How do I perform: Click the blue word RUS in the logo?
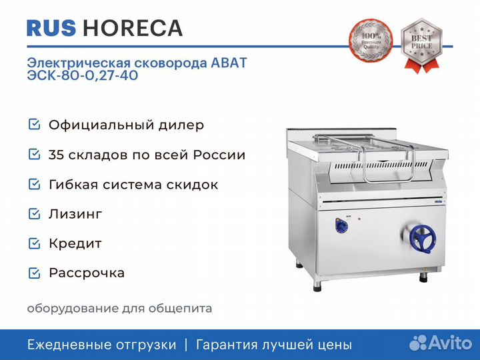tap(51, 28)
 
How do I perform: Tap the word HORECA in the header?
tap(133, 28)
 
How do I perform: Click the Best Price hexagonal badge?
tap(421, 45)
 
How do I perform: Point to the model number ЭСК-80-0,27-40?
tap(83, 75)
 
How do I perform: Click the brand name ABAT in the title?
tap(229, 63)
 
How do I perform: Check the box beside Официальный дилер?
tap(34, 124)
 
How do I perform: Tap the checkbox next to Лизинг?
tap(34, 214)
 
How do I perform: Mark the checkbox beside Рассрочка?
tap(34, 273)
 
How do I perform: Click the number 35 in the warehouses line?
tap(56, 155)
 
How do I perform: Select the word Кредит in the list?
tap(75, 244)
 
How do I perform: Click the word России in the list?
tap(219, 155)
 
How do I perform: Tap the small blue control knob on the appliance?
tap(341, 226)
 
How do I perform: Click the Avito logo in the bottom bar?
tap(441, 343)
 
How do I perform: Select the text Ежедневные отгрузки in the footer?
tap(101, 345)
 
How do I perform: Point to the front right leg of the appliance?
tap(423, 277)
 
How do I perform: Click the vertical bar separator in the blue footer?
tap(186, 345)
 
